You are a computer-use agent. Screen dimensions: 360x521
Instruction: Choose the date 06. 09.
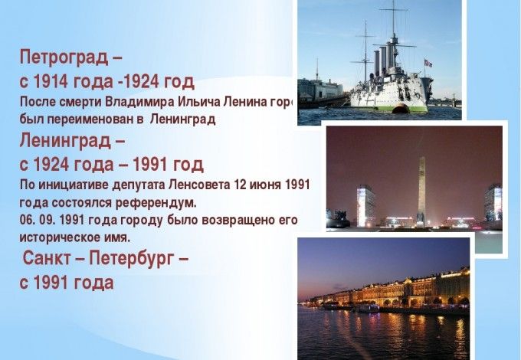click(x=37, y=221)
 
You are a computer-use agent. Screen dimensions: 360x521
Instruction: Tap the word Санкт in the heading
click(x=51, y=257)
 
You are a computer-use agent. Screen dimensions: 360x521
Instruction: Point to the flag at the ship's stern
click(x=428, y=63)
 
